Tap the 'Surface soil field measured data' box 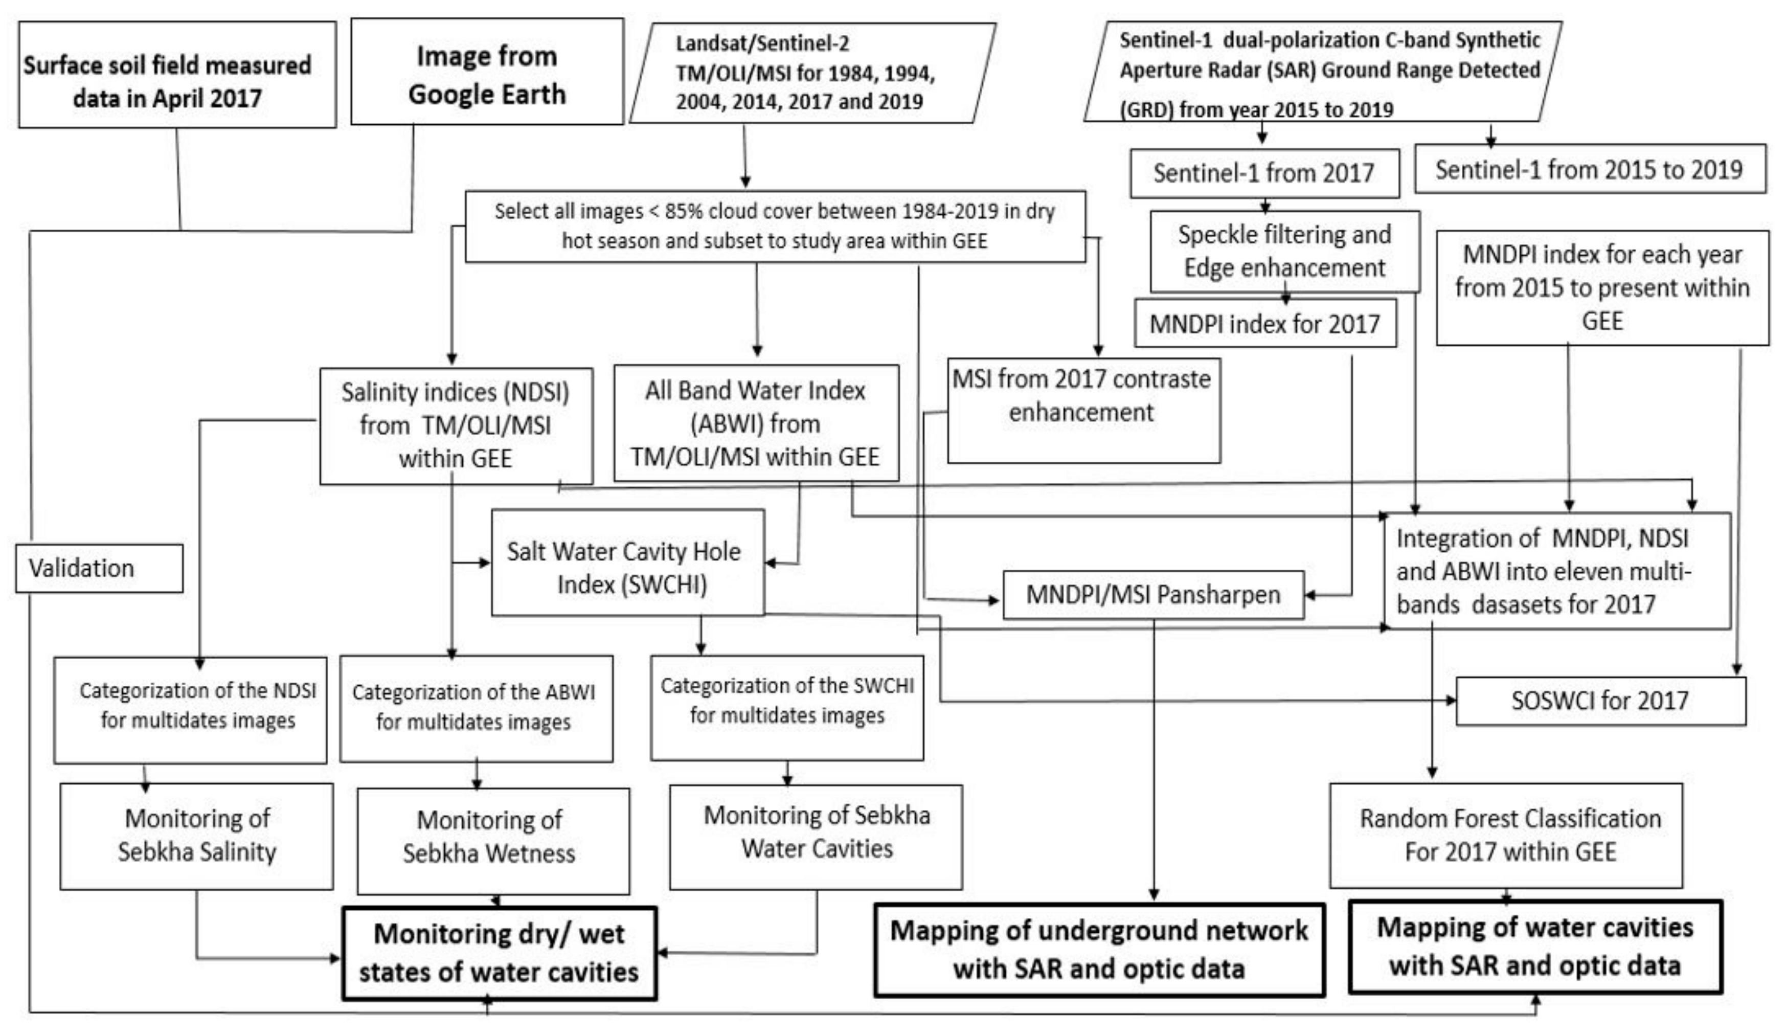177,75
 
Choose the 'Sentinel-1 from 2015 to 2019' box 1589,169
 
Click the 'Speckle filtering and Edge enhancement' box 1284,251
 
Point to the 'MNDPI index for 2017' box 1264,324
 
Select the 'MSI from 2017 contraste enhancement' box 1083,411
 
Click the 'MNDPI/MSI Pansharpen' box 1153,595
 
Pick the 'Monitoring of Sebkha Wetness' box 492,841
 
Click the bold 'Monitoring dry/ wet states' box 499,953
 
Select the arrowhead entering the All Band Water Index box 757,352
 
